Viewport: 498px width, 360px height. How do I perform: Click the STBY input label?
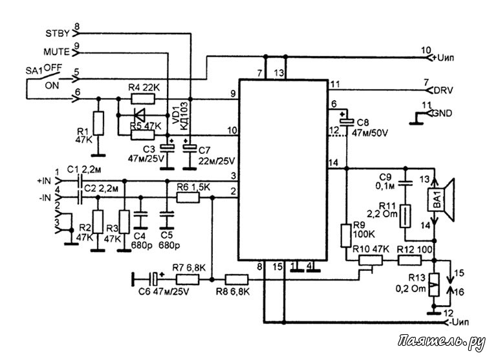click(57, 34)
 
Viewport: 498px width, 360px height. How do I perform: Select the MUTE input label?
click(56, 52)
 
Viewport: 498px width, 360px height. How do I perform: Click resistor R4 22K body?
click(143, 99)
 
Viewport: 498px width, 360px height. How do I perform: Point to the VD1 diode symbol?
click(140, 115)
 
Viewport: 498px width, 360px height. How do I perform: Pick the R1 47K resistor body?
click(98, 123)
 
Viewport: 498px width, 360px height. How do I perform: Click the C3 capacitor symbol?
click(167, 147)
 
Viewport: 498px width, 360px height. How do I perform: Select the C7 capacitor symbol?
click(189, 147)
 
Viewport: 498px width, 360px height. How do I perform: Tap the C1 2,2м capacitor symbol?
click(80, 181)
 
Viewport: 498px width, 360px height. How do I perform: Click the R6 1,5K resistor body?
click(188, 198)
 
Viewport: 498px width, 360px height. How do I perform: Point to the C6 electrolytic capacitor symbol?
click(154, 280)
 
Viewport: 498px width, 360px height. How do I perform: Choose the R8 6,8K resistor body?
click(237, 280)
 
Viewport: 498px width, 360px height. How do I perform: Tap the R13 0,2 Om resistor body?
click(434, 285)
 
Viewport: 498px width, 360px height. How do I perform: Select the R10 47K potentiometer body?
click(371, 260)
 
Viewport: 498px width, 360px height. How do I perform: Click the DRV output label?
click(444, 90)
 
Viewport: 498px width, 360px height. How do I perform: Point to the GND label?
click(442, 113)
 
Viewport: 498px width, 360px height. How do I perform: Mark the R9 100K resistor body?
click(346, 235)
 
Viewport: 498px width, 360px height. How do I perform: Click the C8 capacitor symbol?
click(347, 122)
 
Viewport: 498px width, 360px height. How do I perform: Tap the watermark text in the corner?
click(442, 342)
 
